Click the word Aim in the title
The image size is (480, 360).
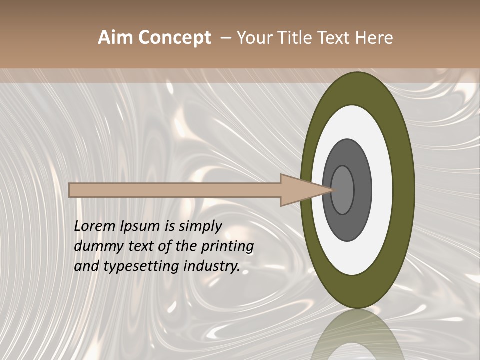point(115,38)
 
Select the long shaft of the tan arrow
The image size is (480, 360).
point(175,190)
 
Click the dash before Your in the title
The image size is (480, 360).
point(226,38)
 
